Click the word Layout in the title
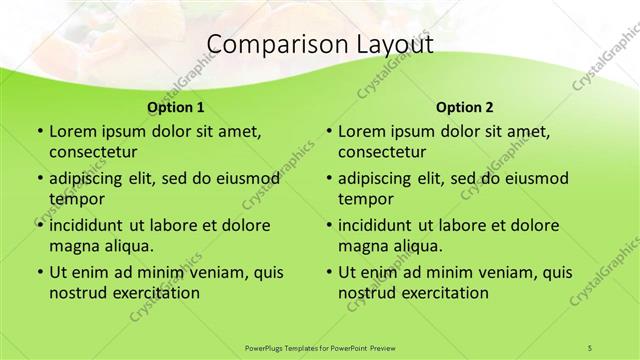tap(392, 45)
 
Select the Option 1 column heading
tap(176, 107)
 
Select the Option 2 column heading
tap(465, 107)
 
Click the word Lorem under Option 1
tap(71, 131)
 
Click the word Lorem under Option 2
tap(361, 131)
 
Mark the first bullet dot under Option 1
tap(39, 132)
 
